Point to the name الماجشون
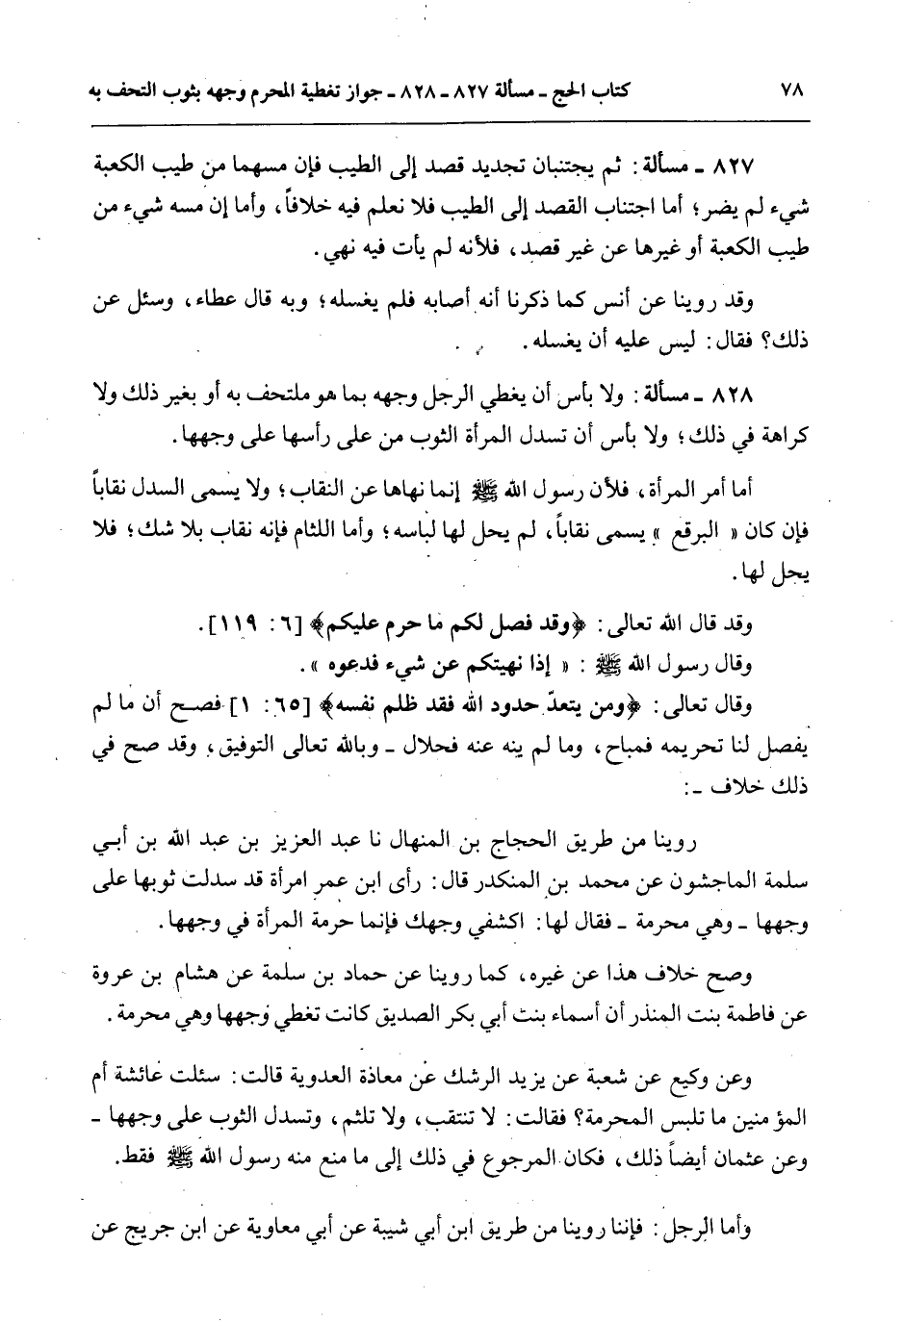coord(722,885)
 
